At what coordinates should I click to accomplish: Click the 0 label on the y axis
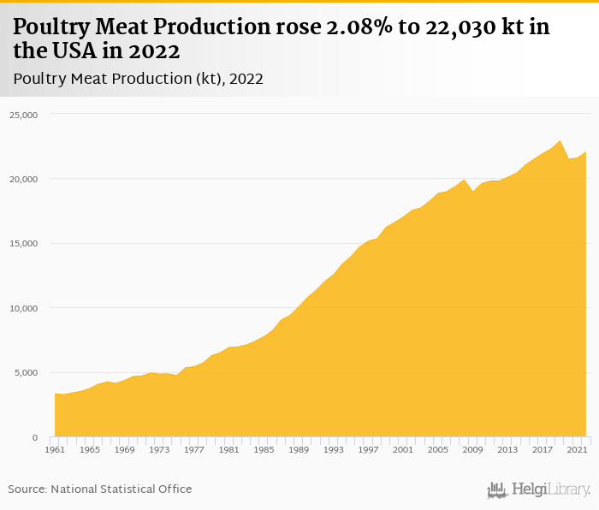pos(34,437)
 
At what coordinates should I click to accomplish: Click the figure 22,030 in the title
pos(448,27)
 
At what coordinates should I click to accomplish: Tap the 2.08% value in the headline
pos(353,27)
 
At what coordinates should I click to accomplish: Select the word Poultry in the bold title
pos(50,27)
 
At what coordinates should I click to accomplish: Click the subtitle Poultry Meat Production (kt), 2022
pos(138,79)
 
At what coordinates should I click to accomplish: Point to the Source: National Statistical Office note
pos(100,489)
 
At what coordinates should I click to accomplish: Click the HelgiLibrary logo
pos(539,489)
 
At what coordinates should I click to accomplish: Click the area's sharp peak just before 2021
pos(559,140)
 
